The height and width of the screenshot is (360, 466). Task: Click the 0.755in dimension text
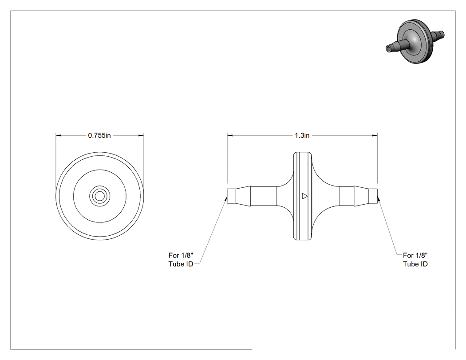click(x=99, y=135)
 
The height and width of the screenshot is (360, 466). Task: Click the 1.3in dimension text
click(x=302, y=135)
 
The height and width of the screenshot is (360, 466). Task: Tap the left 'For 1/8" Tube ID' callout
click(x=181, y=260)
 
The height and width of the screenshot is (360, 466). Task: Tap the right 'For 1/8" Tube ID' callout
click(x=415, y=260)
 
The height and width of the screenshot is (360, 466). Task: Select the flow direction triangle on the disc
click(x=304, y=196)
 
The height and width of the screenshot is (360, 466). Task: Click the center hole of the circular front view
click(x=100, y=196)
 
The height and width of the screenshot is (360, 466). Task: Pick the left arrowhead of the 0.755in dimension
click(x=59, y=135)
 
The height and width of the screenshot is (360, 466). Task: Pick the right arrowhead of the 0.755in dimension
click(x=141, y=135)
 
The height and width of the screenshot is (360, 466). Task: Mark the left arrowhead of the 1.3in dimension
click(x=230, y=135)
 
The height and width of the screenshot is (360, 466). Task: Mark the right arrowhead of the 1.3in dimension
click(x=375, y=135)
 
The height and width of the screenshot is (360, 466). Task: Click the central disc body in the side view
click(x=303, y=196)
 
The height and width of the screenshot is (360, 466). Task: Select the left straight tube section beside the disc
click(x=264, y=196)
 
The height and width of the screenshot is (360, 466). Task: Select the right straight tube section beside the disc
click(x=347, y=196)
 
